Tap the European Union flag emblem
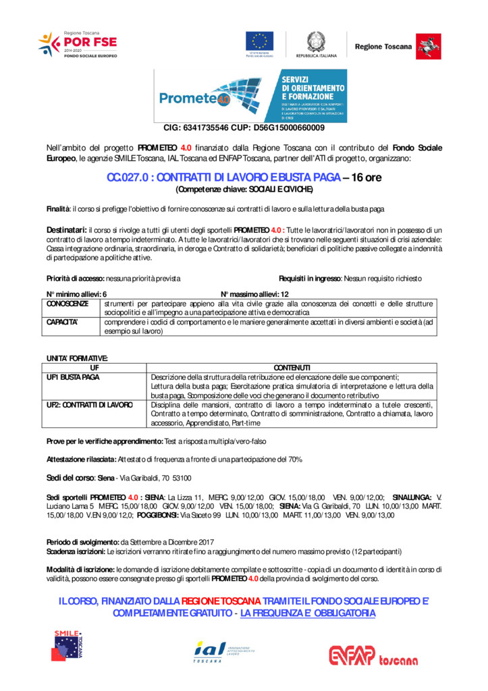tap(259, 42)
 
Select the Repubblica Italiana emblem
tap(316, 42)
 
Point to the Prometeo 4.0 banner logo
tap(250, 95)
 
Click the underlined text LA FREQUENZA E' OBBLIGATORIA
tap(308, 613)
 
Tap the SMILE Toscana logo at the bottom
tap(68, 644)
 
